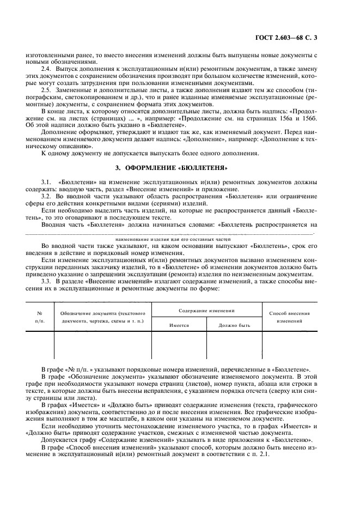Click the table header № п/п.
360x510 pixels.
(x=40, y=318)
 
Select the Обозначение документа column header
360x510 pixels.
(x=102, y=318)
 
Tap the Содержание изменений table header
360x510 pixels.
(x=206, y=310)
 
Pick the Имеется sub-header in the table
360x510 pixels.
(x=179, y=325)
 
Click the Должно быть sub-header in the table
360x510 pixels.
(x=234, y=325)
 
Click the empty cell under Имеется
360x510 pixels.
(x=179, y=345)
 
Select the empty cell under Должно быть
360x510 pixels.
(x=234, y=345)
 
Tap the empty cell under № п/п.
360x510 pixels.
(x=40, y=345)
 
